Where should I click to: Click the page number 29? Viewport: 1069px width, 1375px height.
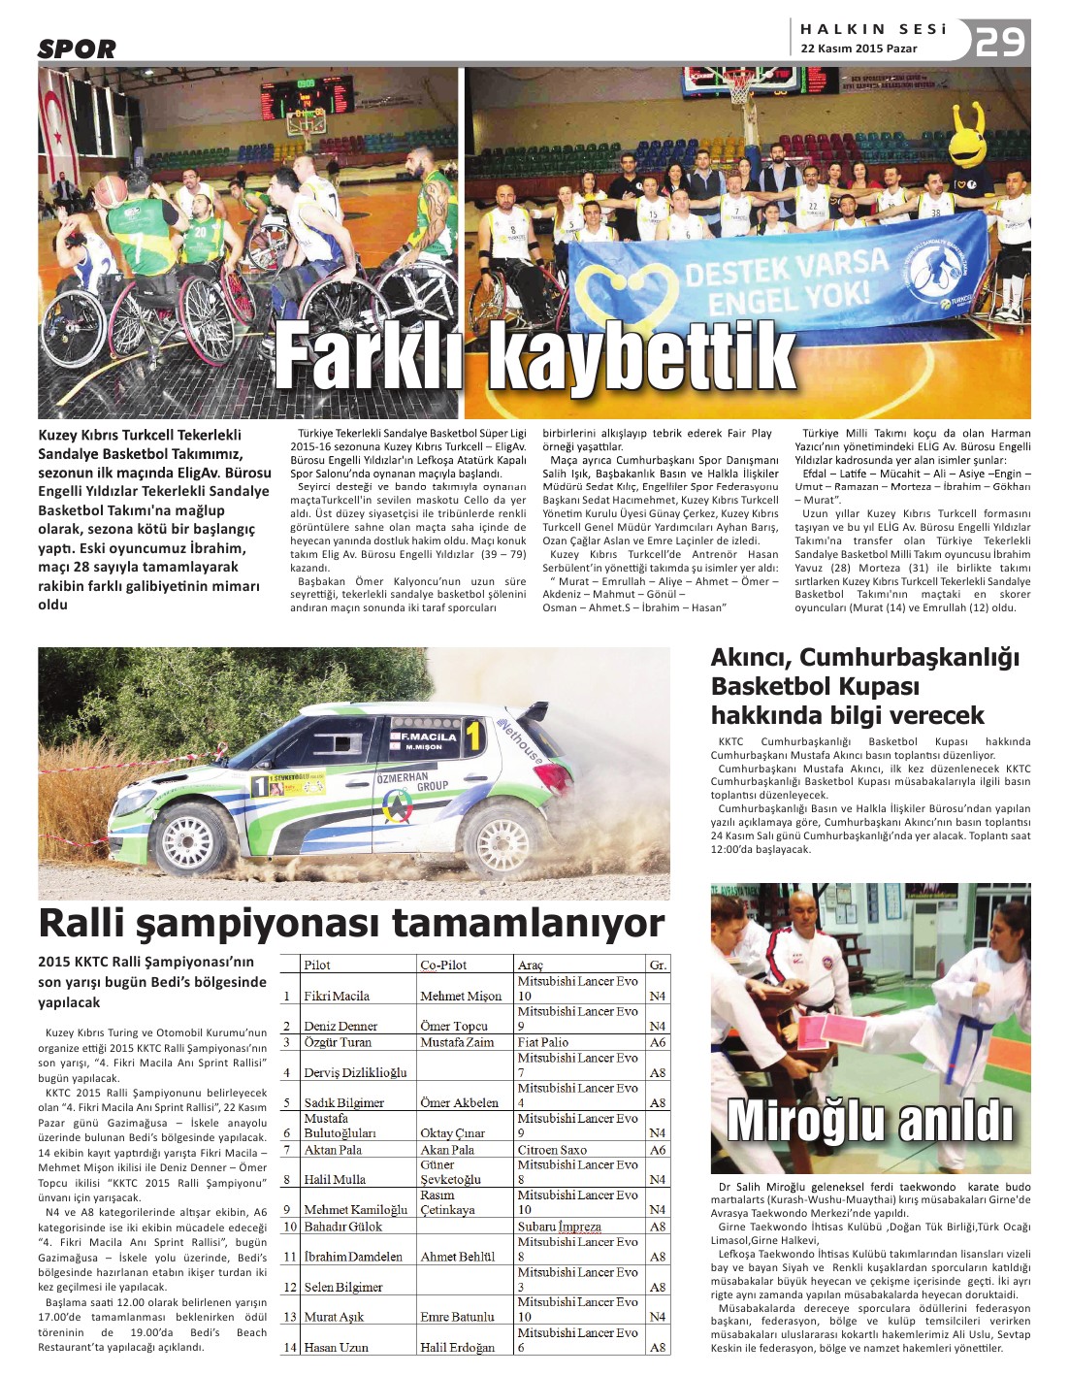click(x=999, y=42)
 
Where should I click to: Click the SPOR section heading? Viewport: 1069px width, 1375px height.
click(x=77, y=49)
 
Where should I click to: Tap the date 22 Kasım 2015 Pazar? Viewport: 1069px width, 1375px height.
click(x=858, y=49)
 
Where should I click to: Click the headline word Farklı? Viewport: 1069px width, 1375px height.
click(x=370, y=357)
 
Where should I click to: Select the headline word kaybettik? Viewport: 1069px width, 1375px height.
click(x=641, y=357)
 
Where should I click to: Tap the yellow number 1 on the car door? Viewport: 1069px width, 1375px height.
click(x=473, y=737)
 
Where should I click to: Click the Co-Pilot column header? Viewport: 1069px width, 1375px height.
click(x=443, y=965)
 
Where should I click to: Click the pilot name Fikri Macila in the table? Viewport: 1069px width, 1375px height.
click(x=337, y=996)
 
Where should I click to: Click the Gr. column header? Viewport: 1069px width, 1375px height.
click(x=659, y=965)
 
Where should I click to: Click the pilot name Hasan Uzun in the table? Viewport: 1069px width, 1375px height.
click(x=337, y=1347)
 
